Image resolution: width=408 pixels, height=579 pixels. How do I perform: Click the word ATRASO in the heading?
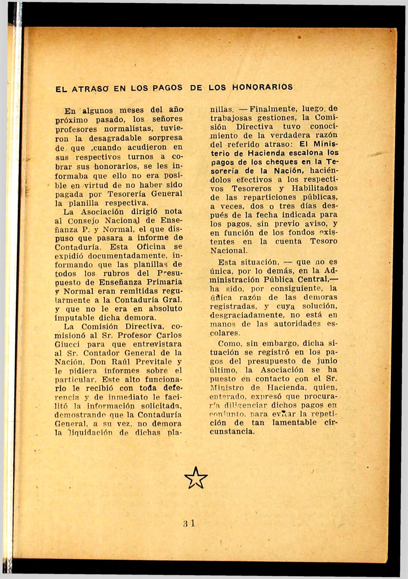pos(91,90)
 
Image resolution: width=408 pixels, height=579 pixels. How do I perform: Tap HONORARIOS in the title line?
pos(262,88)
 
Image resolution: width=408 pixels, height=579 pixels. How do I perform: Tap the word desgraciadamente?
pos(246,315)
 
